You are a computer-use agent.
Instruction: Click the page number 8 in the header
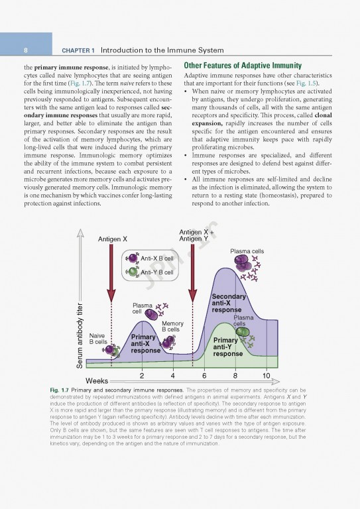pos(25,50)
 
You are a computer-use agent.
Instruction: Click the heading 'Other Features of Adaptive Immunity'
pos(243,66)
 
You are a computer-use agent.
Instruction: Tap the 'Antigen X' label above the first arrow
pos(113,239)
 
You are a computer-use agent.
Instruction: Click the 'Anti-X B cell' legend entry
pos(157,258)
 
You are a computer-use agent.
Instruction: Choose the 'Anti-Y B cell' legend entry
pos(157,272)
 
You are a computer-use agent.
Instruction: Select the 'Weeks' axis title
pos(97,382)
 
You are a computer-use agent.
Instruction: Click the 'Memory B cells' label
pos(172,325)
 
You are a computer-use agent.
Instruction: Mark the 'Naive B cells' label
pos(97,339)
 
